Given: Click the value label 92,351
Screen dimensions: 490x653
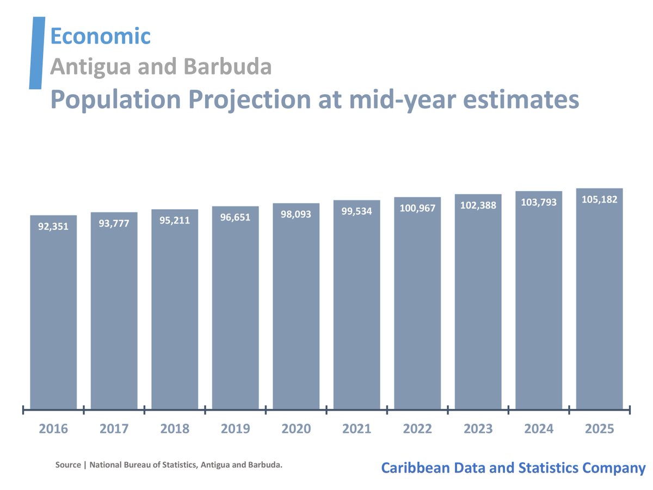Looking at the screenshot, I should tap(53, 226).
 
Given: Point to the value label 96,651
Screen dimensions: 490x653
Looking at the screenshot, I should tap(235, 217).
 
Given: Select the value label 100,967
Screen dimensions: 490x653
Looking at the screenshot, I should tap(417, 208).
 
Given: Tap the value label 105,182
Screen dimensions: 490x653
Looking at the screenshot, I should tap(599, 199).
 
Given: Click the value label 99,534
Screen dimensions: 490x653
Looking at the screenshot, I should tap(356, 211).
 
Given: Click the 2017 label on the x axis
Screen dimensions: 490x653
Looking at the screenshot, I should tap(114, 429).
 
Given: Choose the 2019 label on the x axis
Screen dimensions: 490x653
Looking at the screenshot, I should tap(235, 429).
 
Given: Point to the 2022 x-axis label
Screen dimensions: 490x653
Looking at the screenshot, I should tap(417, 429).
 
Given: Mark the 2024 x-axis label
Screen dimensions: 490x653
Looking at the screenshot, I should tap(539, 429).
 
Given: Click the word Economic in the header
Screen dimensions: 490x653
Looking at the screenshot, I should tap(100, 36).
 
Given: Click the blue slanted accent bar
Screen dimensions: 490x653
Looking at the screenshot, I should tap(36, 53).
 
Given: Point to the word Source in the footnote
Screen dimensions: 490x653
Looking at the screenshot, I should tap(68, 465).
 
